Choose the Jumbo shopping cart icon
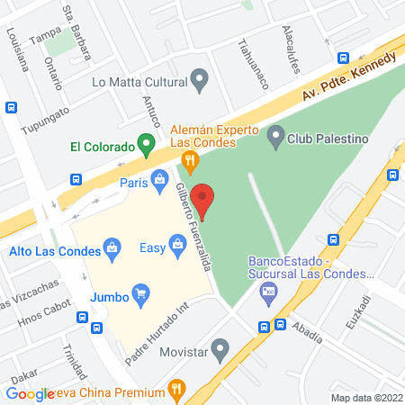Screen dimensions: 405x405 tap(139, 292)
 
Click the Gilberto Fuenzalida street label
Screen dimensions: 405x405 tap(193, 220)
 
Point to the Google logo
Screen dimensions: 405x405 tap(30, 393)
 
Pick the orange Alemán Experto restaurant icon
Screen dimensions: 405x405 tap(189, 162)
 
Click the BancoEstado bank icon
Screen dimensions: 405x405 tap(267, 291)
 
